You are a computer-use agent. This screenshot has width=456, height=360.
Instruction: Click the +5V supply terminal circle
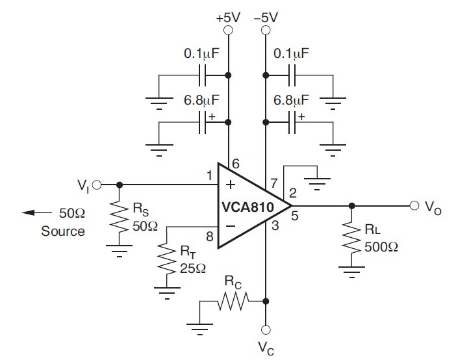point(228,30)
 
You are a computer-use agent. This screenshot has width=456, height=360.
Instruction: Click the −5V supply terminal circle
point(265,30)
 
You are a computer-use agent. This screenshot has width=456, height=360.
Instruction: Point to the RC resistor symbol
point(233,301)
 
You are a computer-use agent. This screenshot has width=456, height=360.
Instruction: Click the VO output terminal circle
point(414,206)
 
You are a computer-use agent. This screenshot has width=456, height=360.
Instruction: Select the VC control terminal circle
point(265,329)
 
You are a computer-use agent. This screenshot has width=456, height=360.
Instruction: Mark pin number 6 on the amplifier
point(235,165)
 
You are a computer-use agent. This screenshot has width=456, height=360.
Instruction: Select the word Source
point(62,231)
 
